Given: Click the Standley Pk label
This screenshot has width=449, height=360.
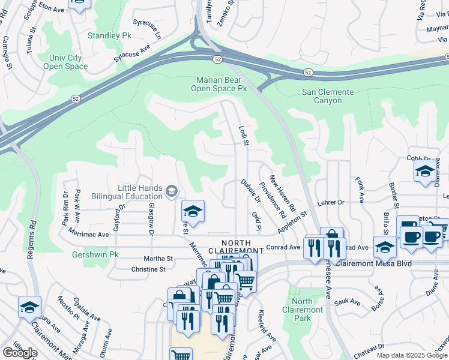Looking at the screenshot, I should pyautogui.click(x=109, y=35).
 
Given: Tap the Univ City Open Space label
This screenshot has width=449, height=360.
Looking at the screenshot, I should pyautogui.click(x=65, y=62).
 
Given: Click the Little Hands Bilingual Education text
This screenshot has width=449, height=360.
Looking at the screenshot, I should pyautogui.click(x=140, y=192).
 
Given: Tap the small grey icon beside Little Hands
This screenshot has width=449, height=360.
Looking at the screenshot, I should pyautogui.click(x=172, y=191).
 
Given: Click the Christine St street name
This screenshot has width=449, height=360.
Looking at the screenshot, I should pyautogui.click(x=148, y=269).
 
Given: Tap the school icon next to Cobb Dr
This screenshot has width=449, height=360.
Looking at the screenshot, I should pyautogui.click(x=425, y=171).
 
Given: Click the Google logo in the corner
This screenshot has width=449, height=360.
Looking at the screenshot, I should pyautogui.click(x=20, y=353).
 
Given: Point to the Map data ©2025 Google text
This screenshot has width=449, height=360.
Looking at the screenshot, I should pyautogui.click(x=412, y=355).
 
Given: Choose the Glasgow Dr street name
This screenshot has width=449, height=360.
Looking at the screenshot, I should pyautogui.click(x=151, y=218).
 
